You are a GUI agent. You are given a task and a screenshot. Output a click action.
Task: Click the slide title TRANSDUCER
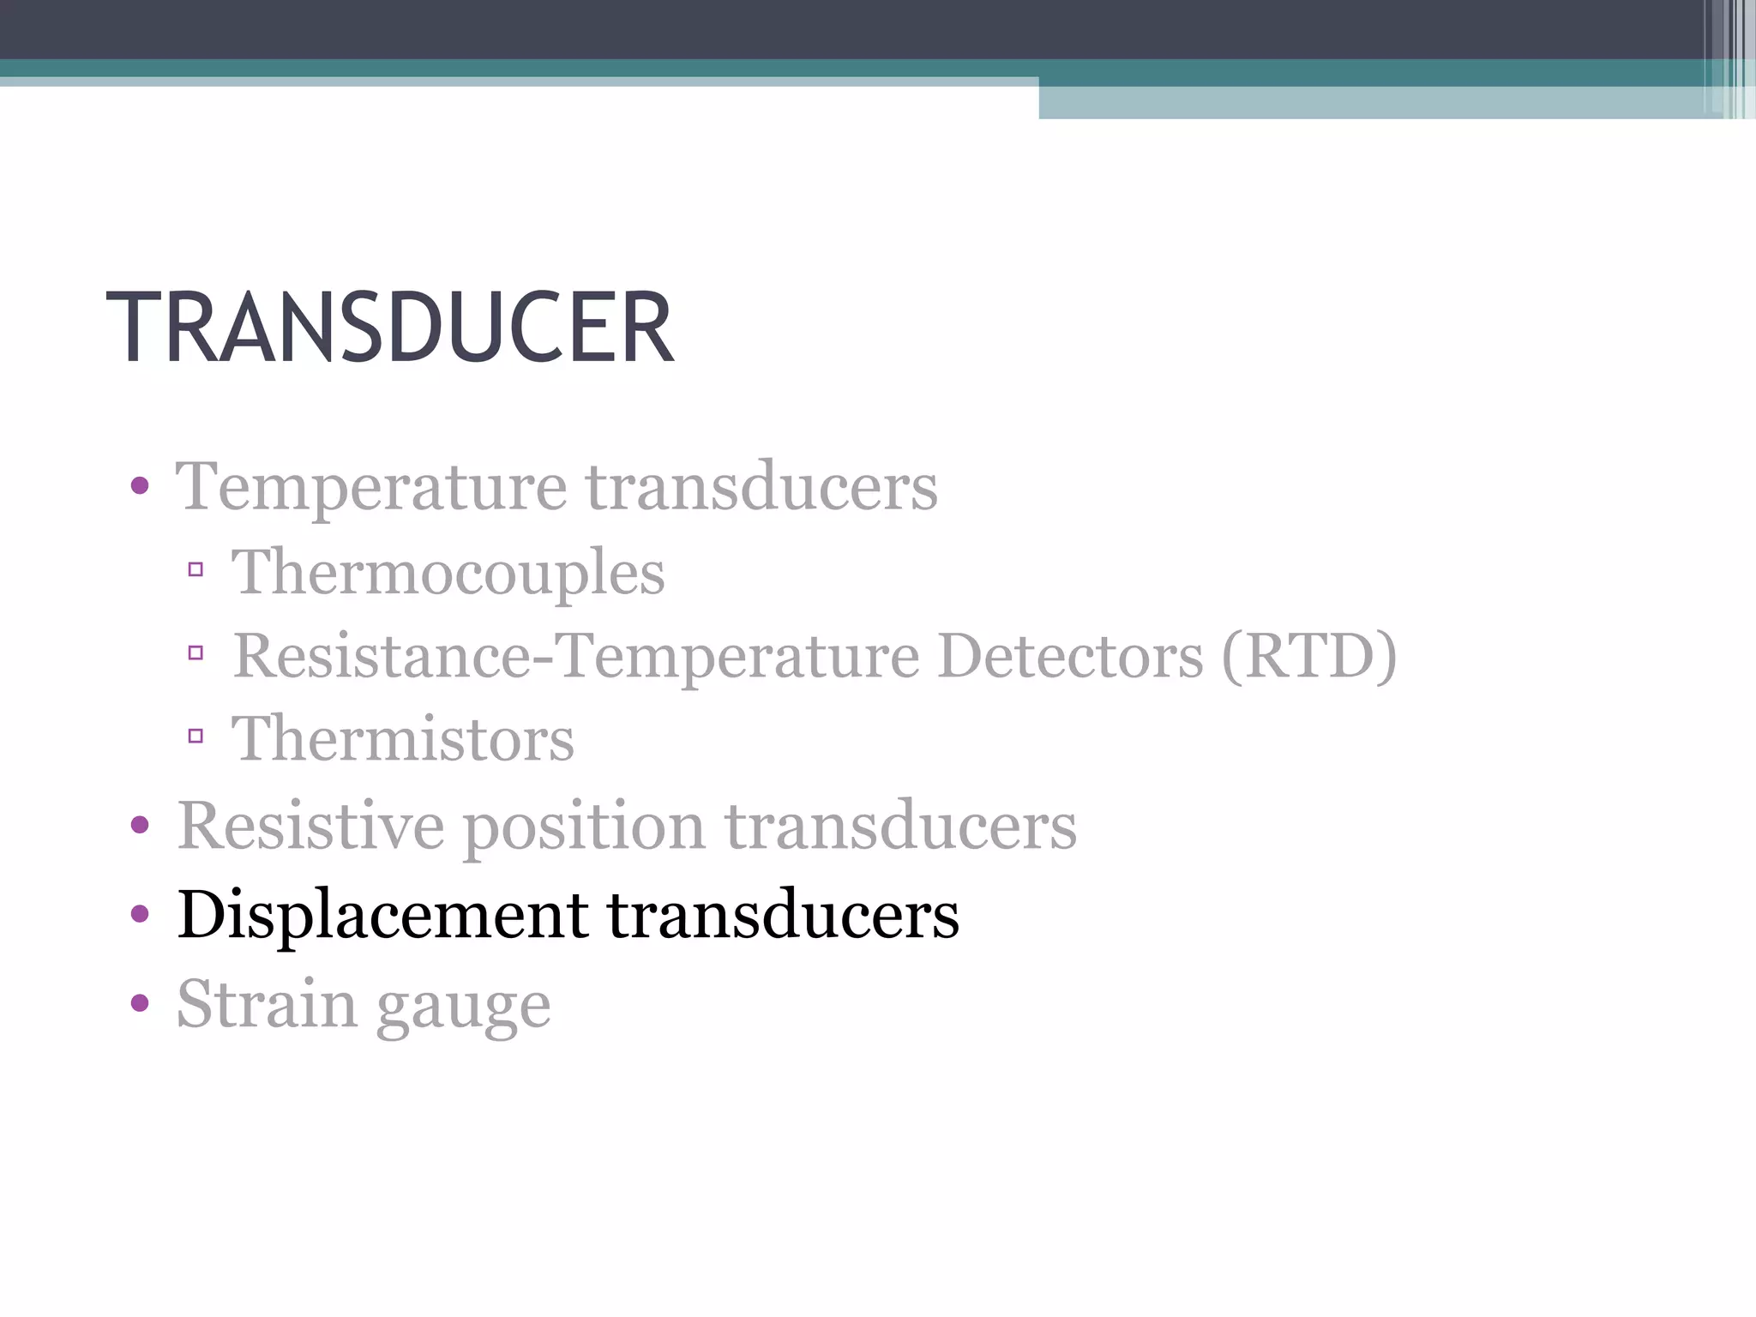(x=390, y=328)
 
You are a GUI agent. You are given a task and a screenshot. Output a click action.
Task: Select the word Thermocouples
(x=448, y=573)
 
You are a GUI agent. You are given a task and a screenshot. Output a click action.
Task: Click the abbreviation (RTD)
(x=1309, y=656)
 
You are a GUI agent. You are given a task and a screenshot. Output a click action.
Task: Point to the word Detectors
(x=1071, y=656)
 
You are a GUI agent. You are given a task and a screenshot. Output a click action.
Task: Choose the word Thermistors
(x=403, y=739)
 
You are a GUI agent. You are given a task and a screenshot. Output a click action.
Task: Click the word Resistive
(x=310, y=826)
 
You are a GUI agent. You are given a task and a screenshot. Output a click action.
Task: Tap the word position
(x=584, y=827)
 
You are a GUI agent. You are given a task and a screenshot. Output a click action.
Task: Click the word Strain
(x=267, y=1003)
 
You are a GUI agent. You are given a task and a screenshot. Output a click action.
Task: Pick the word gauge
(x=464, y=1007)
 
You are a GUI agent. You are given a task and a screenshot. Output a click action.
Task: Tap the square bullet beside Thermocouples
(x=195, y=569)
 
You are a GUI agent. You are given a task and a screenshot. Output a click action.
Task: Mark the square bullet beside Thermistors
(x=195, y=736)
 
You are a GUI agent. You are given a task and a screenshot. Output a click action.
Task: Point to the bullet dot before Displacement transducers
(x=140, y=914)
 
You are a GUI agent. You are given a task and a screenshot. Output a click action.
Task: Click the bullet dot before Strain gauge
(x=140, y=1002)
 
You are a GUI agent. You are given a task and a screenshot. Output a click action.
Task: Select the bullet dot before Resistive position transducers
(x=140, y=826)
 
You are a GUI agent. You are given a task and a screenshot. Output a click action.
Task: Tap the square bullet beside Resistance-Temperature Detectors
(x=195, y=653)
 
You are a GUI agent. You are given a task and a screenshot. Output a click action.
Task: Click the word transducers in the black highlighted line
(x=783, y=916)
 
